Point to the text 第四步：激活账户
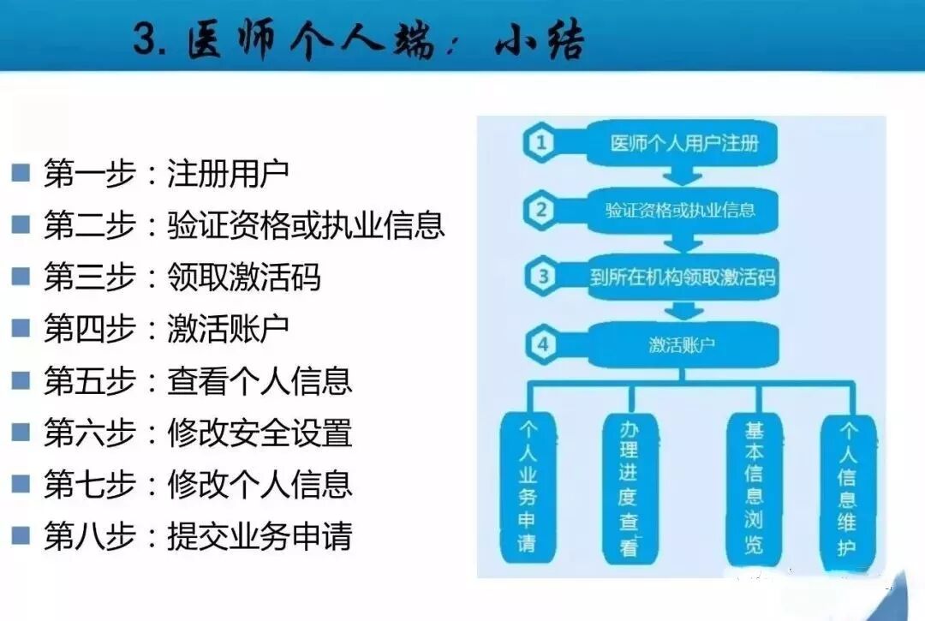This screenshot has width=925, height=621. (166, 328)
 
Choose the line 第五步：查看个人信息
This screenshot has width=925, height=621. (198, 380)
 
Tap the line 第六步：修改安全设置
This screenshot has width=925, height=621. (198, 433)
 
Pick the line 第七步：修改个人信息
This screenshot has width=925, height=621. (198, 485)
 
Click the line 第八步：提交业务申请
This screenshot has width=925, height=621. (198, 537)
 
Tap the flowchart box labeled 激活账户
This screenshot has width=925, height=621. (682, 345)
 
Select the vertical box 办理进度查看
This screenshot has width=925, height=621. (630, 489)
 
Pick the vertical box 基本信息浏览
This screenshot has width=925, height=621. (754, 489)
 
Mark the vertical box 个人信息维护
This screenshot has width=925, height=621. (847, 489)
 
